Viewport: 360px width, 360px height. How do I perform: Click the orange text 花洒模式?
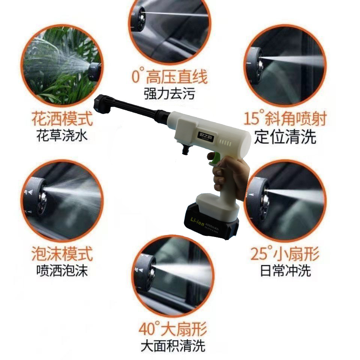62,119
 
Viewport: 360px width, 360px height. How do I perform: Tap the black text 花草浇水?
62,135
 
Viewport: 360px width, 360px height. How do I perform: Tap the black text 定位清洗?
285,137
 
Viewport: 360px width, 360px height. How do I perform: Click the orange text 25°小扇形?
285,255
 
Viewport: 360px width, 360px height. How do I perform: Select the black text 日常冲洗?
285,270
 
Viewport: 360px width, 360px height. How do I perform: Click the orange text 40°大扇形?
172,330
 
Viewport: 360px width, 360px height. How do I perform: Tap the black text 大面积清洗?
173,346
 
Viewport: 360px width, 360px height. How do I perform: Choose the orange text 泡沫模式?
62,255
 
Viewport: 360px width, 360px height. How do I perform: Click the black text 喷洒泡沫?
62,270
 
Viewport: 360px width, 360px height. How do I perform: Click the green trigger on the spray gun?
213,160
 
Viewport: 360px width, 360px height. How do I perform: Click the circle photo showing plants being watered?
62,66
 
